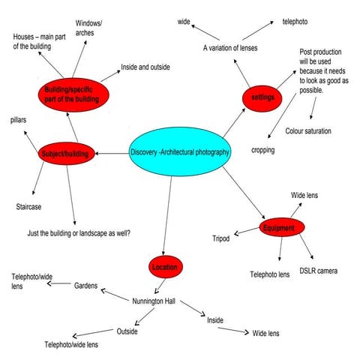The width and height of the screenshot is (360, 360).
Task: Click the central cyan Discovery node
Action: click(180, 152)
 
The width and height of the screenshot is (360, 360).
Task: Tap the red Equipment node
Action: click(283, 227)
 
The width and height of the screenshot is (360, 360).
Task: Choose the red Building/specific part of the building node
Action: click(73, 94)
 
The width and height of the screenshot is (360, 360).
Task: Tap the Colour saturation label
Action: click(307, 131)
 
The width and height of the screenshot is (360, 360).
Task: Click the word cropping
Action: click(262, 150)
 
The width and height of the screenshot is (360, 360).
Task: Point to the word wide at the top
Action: click(184, 22)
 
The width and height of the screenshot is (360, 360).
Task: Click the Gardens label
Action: click(85, 286)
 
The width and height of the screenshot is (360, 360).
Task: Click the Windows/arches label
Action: click(89, 28)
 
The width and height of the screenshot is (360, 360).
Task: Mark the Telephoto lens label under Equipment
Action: click(269, 274)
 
